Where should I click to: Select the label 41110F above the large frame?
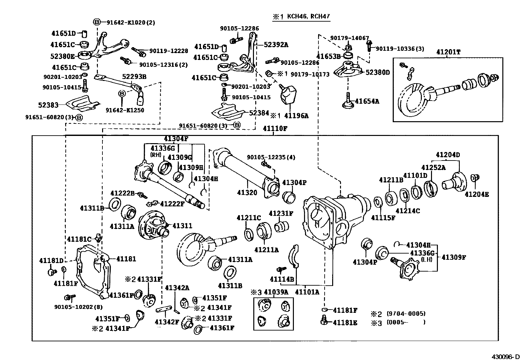275,129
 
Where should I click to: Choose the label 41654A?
367,102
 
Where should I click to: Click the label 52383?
48,105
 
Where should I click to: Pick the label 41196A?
296,116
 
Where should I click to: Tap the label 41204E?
476,195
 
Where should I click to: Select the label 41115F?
383,218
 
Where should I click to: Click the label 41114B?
282,279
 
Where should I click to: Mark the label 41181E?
345,323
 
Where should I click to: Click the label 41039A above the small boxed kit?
276,292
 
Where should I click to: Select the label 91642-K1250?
125,110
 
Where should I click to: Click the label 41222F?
172,204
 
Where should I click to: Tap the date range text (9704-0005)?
406,313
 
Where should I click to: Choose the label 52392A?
276,45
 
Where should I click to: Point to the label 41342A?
177,288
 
